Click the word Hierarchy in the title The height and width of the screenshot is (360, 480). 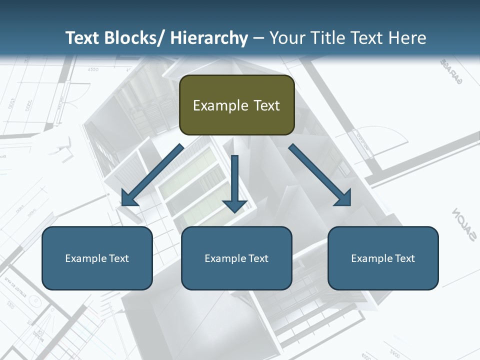(209, 38)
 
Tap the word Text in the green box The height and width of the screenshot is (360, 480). (265, 105)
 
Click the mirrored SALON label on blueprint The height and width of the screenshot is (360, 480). (464, 225)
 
